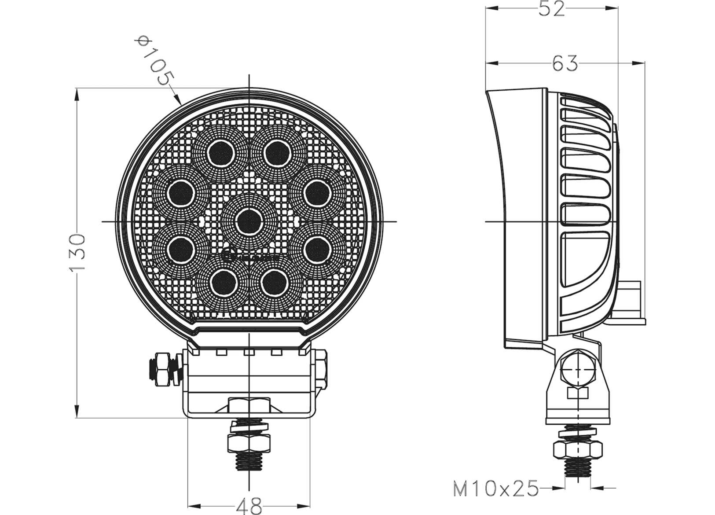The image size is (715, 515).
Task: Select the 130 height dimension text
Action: (x=77, y=253)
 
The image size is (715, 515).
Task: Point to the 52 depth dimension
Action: (x=551, y=9)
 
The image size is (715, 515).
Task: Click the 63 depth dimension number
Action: (x=565, y=64)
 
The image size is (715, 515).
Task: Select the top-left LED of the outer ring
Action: (x=221, y=153)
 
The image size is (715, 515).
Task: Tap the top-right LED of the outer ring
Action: (x=278, y=153)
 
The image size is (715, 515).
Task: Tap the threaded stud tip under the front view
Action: (x=249, y=463)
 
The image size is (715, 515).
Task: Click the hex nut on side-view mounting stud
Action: (x=577, y=450)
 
